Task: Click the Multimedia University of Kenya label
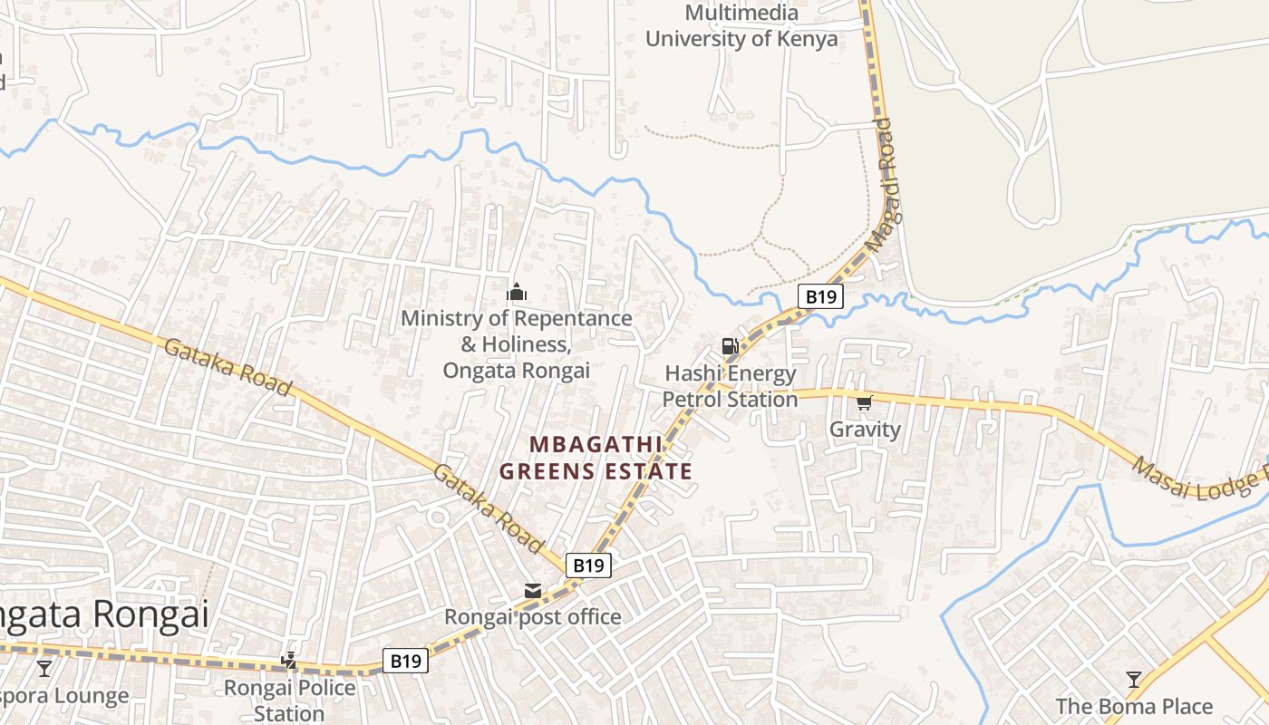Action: pos(741,26)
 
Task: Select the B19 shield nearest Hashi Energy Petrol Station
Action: pos(820,296)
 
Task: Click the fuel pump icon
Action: pos(730,345)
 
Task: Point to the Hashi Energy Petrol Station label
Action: pos(730,386)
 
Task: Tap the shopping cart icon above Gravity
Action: pos(864,401)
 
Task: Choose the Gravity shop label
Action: pos(865,430)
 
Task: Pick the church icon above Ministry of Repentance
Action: pos(517,292)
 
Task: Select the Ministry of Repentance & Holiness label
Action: pos(516,344)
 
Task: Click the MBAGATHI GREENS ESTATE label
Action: pos(596,458)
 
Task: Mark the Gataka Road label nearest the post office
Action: pos(487,507)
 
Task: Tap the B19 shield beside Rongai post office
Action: pos(588,565)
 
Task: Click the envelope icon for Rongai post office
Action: pos(533,591)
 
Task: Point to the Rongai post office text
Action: pos(532,617)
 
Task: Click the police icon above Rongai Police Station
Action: pos(289,662)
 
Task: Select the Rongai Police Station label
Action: pos(289,700)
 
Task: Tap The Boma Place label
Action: pos(1133,706)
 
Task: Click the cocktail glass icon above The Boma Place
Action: pos(1133,679)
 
